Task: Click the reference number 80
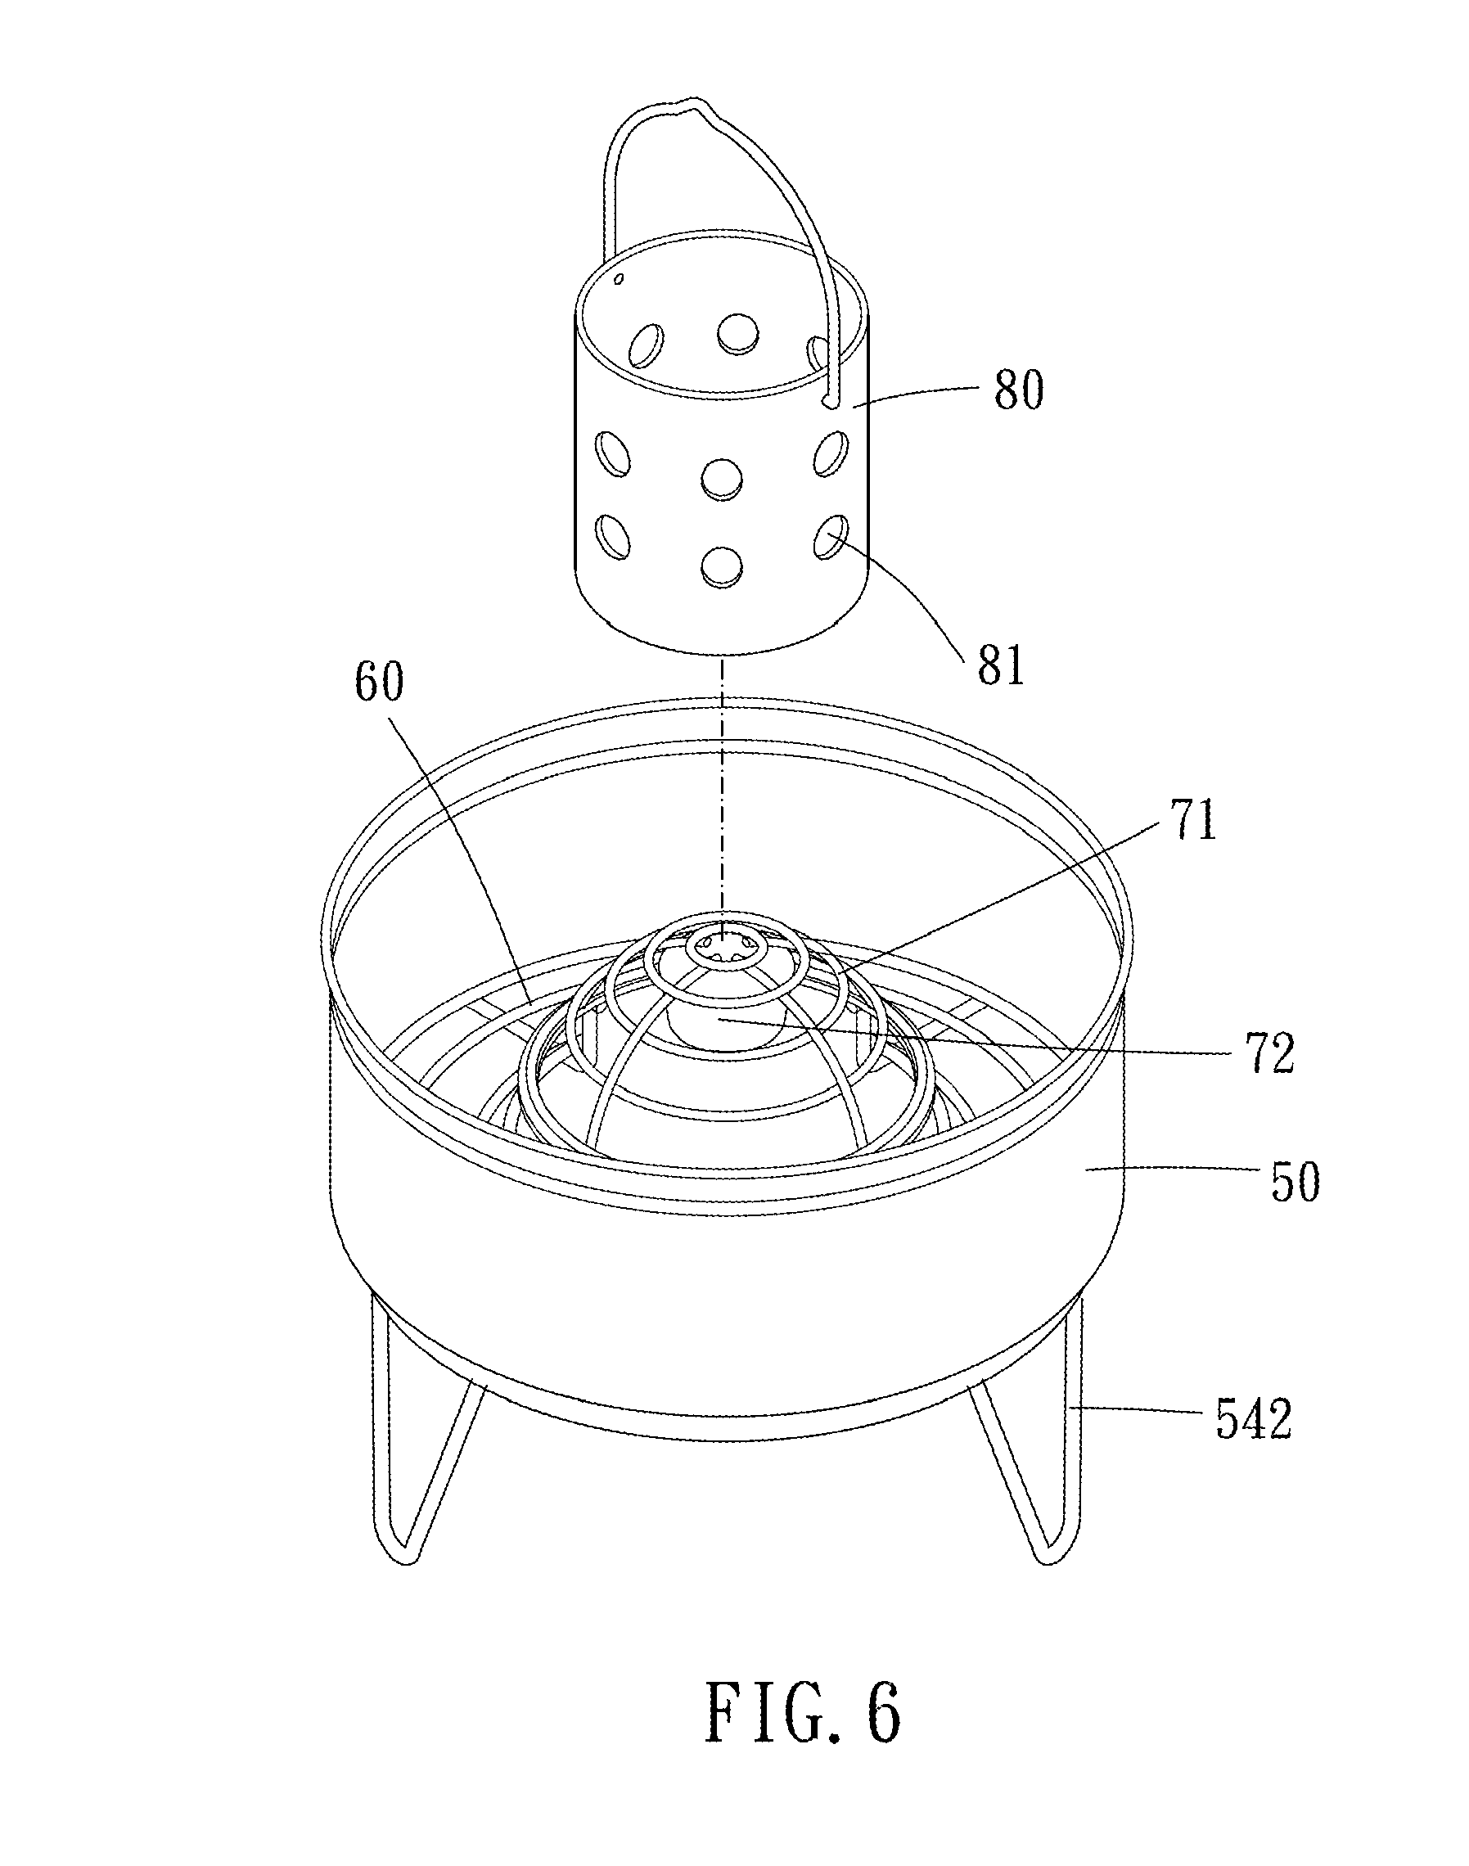(1018, 390)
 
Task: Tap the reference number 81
(1001, 665)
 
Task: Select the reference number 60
(379, 683)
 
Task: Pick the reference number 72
(1269, 1052)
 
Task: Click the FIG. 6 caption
(803, 1711)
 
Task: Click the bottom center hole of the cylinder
(722, 565)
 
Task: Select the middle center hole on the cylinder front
(722, 478)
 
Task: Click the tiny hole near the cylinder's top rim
(619, 278)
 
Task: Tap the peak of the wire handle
(688, 106)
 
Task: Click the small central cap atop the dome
(723, 948)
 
